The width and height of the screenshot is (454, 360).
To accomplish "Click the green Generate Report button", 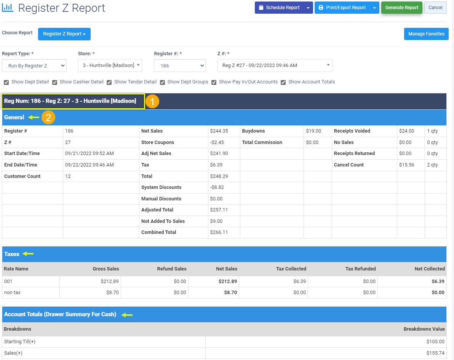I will point(402,8).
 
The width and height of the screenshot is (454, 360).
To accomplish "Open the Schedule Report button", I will point(279,8).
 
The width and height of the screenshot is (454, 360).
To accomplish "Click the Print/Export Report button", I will point(342,8).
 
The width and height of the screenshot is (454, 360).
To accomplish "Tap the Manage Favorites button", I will point(426,34).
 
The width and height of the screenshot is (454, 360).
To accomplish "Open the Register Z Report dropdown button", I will point(64,34).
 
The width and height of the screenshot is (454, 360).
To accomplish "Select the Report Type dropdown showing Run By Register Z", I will point(34,66).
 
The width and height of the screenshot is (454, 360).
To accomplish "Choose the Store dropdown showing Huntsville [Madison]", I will point(110,66).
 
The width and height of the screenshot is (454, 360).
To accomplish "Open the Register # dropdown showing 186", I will point(180,66).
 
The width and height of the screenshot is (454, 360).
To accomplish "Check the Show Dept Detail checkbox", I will point(6,82).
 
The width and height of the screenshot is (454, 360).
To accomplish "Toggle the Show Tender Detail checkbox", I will point(109,82).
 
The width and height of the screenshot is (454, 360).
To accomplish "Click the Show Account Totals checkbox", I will point(283,82).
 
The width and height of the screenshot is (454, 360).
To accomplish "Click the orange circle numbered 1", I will point(152,102).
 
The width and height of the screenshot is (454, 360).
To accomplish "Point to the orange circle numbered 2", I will point(48,117).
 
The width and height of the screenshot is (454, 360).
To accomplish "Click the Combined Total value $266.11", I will point(219,232).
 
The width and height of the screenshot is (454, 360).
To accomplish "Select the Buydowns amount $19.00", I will point(313,131).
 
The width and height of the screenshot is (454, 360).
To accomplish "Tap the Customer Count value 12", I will point(68,176).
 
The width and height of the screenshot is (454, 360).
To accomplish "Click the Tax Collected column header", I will point(291,269).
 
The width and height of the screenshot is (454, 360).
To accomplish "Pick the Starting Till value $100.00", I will point(435,342).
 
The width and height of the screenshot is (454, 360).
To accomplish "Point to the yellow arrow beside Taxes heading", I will point(28,254).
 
